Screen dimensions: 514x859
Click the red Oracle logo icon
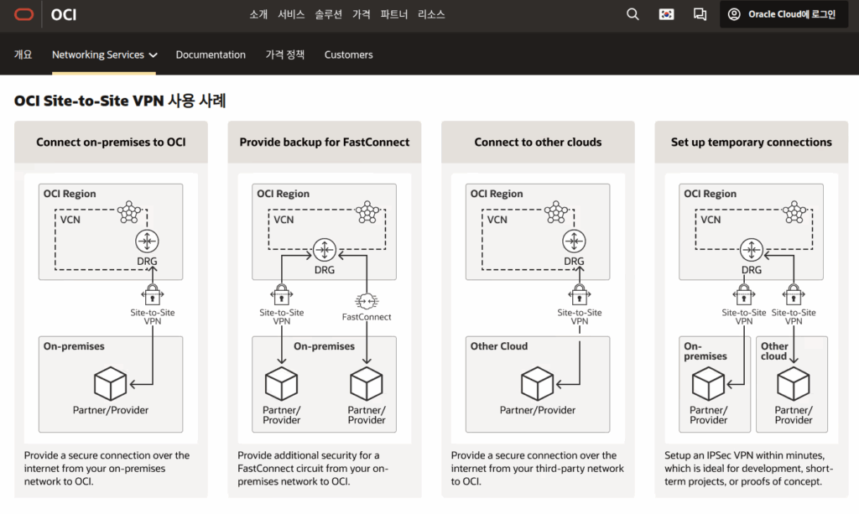23,14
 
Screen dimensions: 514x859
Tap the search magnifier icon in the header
633,14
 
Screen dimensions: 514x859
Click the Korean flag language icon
666,14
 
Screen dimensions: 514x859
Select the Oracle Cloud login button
783,14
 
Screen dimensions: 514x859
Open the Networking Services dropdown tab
104,55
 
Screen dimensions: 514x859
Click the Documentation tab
211,55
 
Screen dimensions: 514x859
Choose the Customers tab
348,55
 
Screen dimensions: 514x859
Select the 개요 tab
23,55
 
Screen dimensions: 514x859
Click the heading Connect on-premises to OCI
111,143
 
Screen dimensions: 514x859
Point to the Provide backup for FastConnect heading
325,143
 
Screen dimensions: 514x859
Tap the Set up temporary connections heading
751,143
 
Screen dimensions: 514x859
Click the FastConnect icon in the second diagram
366,301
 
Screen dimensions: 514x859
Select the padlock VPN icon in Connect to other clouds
579,295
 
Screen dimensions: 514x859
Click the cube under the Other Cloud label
537,384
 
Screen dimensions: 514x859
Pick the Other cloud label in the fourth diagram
774,351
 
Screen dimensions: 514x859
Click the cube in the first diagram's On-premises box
110,384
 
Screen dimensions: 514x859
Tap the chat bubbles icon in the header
700,14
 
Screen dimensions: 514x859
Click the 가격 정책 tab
284,55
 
